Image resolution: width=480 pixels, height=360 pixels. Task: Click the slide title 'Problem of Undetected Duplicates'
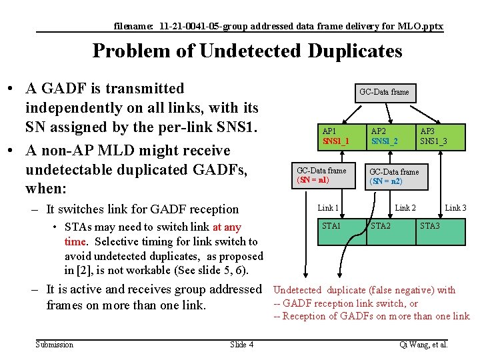click(x=247, y=51)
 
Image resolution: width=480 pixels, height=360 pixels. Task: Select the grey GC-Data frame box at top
click(x=384, y=92)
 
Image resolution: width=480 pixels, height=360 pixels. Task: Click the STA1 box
click(x=341, y=231)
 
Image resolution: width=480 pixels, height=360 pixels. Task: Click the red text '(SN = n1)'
click(x=313, y=180)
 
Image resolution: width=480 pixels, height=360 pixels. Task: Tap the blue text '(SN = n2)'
click(x=386, y=181)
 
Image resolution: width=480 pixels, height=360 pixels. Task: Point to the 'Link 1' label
click(x=328, y=209)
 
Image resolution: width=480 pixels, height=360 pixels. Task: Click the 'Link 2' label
click(x=405, y=209)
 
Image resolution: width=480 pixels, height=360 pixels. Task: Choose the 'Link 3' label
click(x=455, y=209)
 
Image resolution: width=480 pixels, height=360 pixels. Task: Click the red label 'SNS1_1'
click(x=336, y=141)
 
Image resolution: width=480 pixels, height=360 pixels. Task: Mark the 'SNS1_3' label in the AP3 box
click(x=433, y=141)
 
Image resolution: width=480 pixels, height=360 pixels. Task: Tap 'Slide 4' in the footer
click(x=241, y=344)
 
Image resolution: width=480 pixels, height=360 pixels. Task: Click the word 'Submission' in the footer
click(x=55, y=344)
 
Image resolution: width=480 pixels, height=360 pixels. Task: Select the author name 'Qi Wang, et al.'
click(x=423, y=344)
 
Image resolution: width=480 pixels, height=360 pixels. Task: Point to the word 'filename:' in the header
click(x=133, y=27)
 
